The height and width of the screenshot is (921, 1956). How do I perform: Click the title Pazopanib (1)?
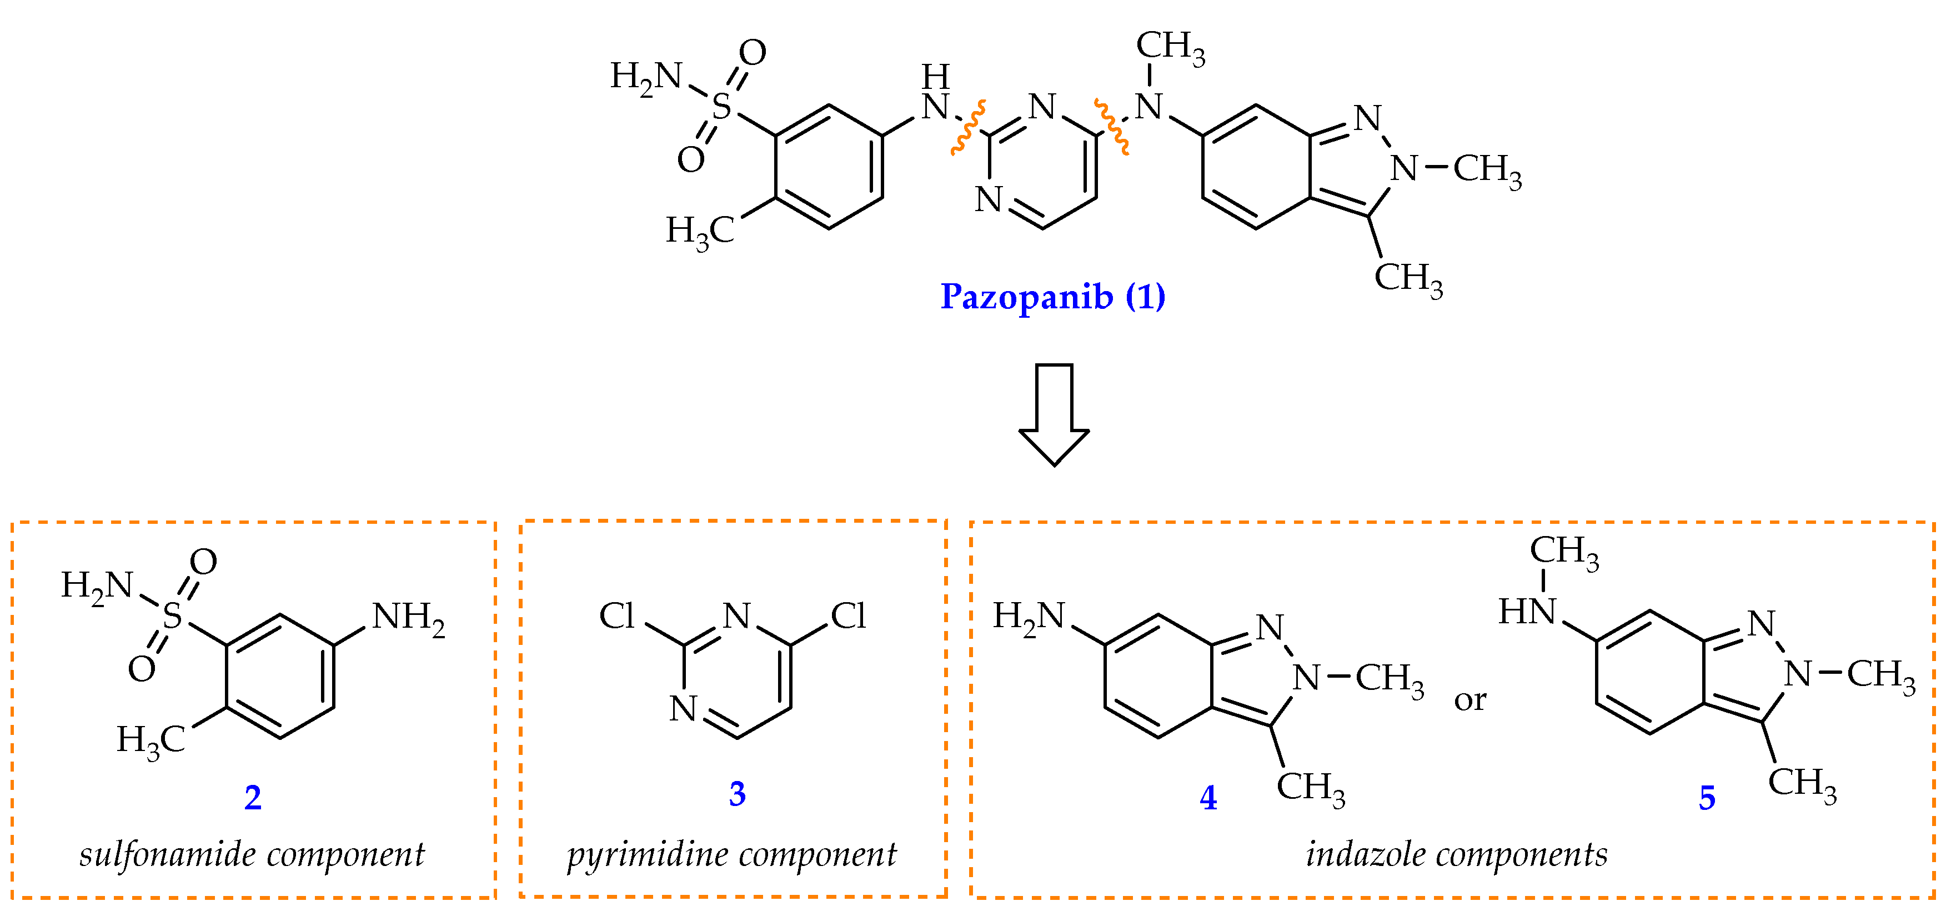click(x=1052, y=296)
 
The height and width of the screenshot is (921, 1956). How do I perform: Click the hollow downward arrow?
click(x=1054, y=414)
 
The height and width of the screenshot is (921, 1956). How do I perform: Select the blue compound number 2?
click(x=253, y=797)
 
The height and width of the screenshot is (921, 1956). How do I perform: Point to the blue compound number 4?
click(x=1208, y=797)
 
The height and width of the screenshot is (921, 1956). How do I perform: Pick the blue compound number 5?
click(x=1707, y=797)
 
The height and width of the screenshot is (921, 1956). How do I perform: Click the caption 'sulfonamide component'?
click(x=252, y=855)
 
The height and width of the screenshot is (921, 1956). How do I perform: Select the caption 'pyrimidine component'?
click(x=732, y=855)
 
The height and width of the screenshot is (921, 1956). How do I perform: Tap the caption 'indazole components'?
click(x=1456, y=855)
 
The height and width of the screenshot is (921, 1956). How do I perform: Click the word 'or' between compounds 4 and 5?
click(x=1470, y=700)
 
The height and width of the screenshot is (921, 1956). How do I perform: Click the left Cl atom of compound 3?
click(x=616, y=616)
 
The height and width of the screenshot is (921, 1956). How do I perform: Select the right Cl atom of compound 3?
click(x=848, y=616)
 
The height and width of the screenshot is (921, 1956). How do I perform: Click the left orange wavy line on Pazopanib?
click(x=968, y=128)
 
